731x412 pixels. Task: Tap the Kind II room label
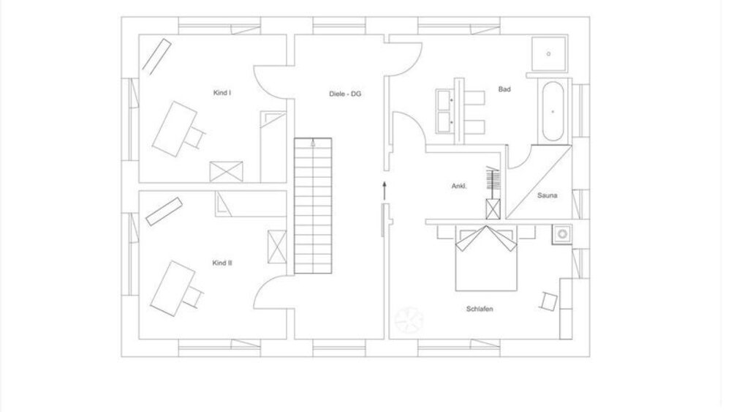[x=222, y=262]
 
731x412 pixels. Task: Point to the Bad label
[x=504, y=89]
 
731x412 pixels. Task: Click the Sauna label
[x=548, y=195]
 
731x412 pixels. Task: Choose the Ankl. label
[x=459, y=187]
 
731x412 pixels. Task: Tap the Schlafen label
[x=480, y=309]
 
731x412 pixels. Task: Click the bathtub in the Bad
[x=552, y=111]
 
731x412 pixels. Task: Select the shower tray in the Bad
[x=548, y=53]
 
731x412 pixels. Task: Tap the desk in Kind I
[x=174, y=127]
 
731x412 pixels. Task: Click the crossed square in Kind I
[x=220, y=171]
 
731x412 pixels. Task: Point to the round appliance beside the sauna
[x=562, y=234]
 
